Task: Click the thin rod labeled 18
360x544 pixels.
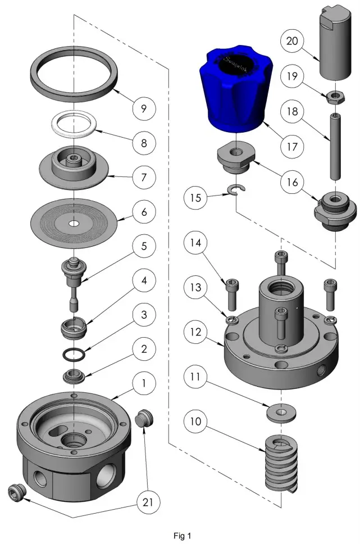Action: tap(335, 147)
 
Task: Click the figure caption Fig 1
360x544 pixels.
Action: tap(182, 536)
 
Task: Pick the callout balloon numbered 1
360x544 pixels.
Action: tap(144, 384)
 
